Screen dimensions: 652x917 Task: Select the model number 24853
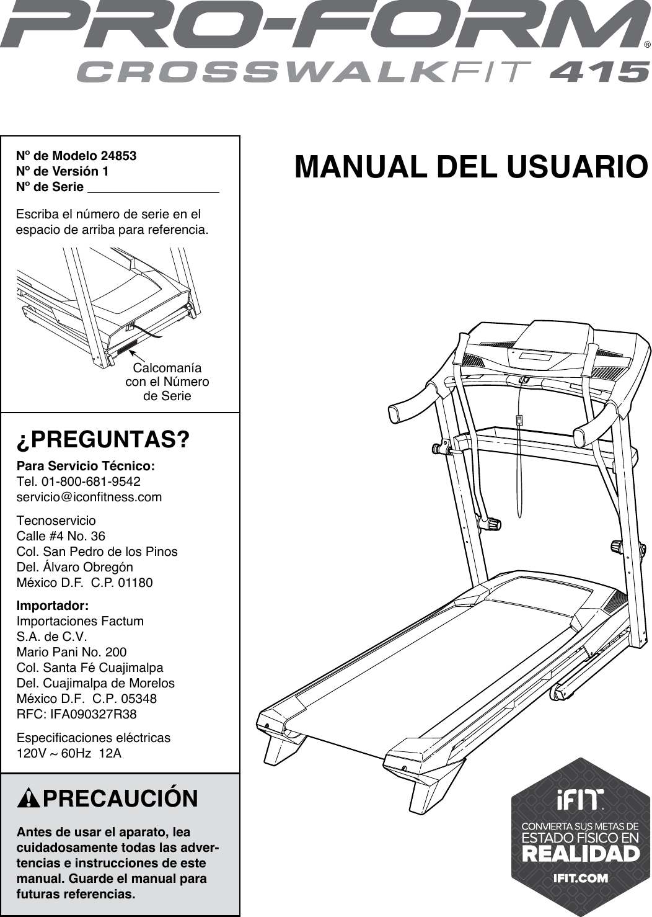tap(118, 155)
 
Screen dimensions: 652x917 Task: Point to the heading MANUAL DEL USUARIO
tap(471, 167)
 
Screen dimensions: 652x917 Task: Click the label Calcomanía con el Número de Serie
tap(167, 382)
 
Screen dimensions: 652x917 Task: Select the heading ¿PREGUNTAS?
tap(103, 440)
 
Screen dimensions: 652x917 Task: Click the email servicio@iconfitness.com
tap(89, 497)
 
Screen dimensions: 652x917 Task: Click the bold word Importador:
tap(53, 605)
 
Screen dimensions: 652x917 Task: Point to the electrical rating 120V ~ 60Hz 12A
tap(69, 753)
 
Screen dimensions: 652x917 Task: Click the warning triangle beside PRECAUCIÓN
tap(29, 798)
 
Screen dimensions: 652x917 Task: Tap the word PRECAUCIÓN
tap(120, 798)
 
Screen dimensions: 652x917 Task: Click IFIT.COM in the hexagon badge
tap(581, 878)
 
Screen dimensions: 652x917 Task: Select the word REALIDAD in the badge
tap(581, 854)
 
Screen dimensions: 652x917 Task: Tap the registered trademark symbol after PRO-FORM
tap(647, 45)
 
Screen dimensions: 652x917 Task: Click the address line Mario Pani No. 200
tap(71, 652)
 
